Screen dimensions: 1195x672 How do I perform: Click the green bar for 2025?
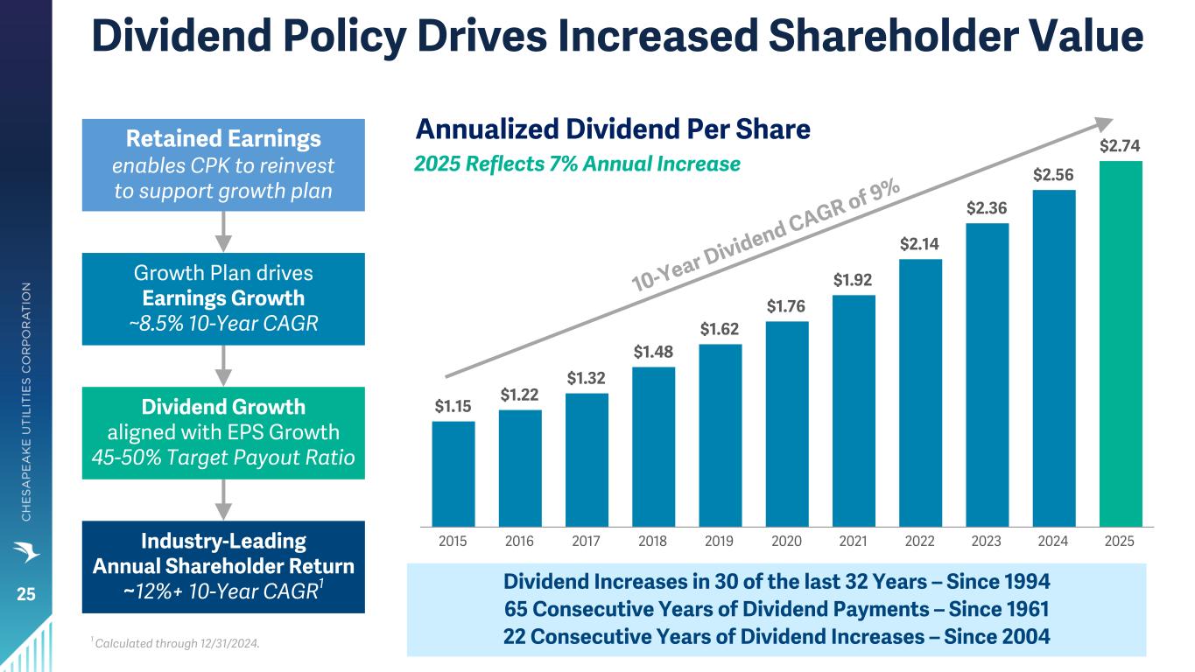(1121, 344)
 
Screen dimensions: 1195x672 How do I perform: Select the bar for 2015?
(453, 474)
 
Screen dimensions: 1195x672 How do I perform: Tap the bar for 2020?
(787, 424)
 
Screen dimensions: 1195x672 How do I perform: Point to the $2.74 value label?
(1120, 145)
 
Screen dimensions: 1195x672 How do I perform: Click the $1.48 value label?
(653, 352)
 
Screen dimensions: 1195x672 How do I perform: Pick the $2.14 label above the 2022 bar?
(919, 244)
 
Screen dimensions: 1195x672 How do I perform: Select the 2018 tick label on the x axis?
(652, 542)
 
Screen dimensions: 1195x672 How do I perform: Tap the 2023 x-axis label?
(986, 542)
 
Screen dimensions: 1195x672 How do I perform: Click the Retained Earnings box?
(223, 164)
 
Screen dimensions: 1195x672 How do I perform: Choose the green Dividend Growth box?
(223, 433)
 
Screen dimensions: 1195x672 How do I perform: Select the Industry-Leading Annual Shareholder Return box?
(223, 567)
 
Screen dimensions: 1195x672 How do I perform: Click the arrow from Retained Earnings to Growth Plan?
(223, 232)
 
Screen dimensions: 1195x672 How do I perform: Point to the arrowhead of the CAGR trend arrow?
(1104, 123)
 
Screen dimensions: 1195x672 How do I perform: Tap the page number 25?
(25, 594)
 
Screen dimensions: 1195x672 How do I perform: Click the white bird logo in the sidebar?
(26, 552)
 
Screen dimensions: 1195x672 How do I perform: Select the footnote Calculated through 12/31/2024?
(177, 643)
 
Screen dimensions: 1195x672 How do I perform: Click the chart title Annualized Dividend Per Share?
(613, 129)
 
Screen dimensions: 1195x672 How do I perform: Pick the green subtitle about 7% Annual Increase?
(577, 164)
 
